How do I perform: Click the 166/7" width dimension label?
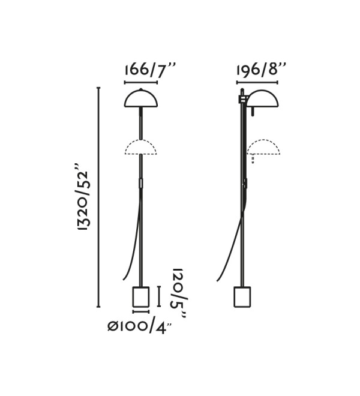tap(149, 70)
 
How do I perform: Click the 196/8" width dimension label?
tap(261, 69)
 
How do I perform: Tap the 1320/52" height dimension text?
tap(83, 197)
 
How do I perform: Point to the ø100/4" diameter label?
tap(140, 327)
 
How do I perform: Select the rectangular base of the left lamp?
tap(141, 297)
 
